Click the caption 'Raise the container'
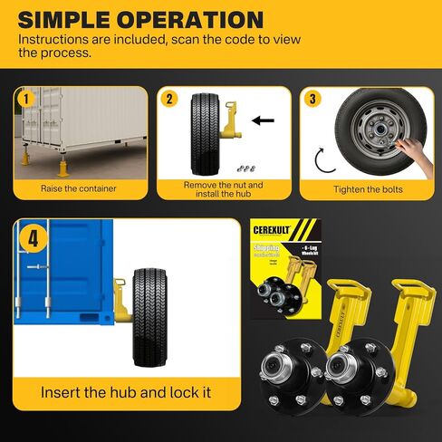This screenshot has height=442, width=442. [x=78, y=188]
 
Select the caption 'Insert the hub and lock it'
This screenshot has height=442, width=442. [x=127, y=393]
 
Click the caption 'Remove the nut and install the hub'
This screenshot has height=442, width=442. [x=224, y=188]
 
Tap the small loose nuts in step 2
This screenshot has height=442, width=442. [x=243, y=168]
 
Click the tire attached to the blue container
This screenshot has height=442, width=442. [x=150, y=316]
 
